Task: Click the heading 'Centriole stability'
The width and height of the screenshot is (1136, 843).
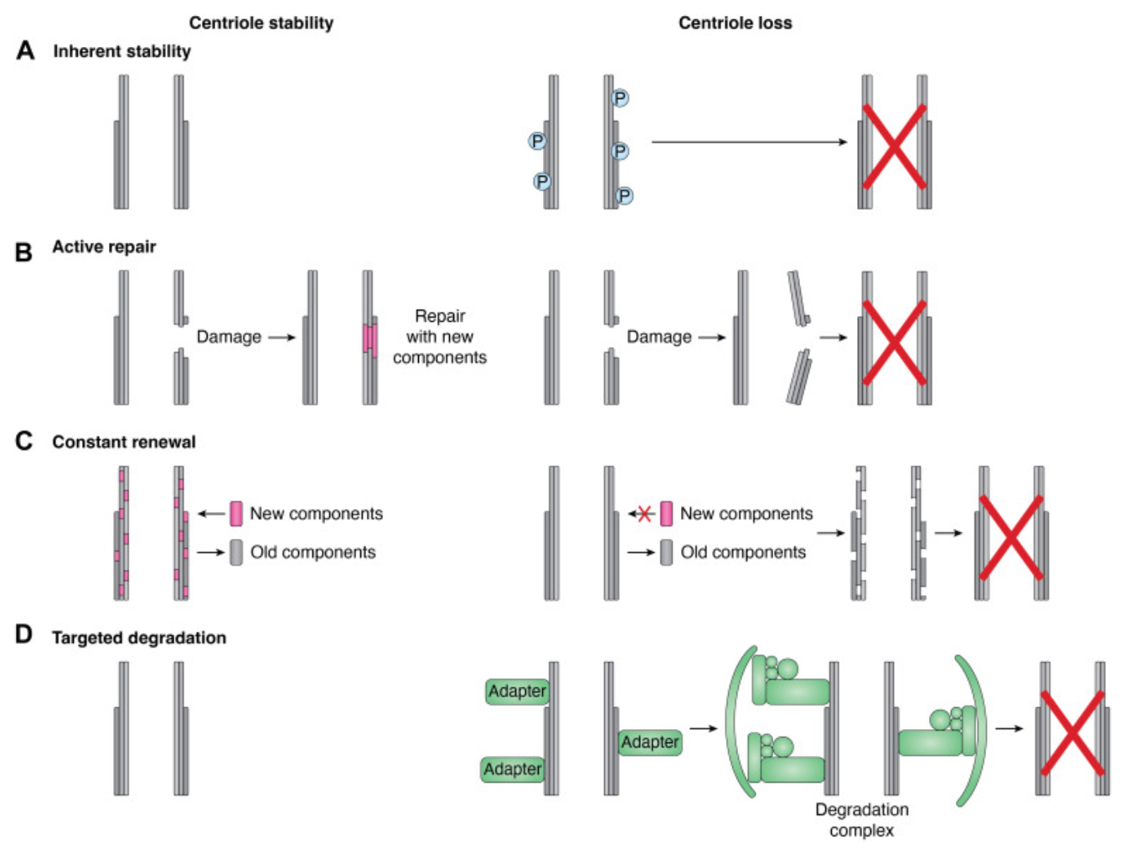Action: pyautogui.click(x=261, y=23)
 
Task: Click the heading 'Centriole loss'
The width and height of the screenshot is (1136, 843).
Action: pyautogui.click(x=735, y=23)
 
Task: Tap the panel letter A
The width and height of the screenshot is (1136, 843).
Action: pyautogui.click(x=25, y=51)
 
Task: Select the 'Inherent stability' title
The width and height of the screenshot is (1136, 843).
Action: pyautogui.click(x=121, y=51)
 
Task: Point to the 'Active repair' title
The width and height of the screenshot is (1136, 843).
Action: pyautogui.click(x=104, y=246)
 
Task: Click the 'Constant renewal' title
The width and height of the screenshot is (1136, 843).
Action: pyautogui.click(x=123, y=442)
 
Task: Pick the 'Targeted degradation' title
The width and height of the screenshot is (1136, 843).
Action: pyautogui.click(x=138, y=638)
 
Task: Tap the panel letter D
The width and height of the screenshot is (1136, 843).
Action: pyautogui.click(x=23, y=635)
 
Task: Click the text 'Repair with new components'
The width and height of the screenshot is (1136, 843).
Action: pyautogui.click(x=439, y=337)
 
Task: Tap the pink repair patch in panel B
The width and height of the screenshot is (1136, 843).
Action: pyautogui.click(x=369, y=339)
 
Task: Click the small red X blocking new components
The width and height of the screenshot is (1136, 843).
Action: pyautogui.click(x=644, y=514)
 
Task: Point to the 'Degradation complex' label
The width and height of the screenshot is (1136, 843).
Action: pyautogui.click(x=861, y=820)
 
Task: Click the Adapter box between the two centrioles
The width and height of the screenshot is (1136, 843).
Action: pyautogui.click(x=650, y=742)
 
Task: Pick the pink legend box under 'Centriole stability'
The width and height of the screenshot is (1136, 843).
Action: pyautogui.click(x=236, y=514)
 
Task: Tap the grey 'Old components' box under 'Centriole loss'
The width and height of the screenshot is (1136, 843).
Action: pyautogui.click(x=666, y=552)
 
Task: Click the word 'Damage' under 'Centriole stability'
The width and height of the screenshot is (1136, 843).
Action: pyautogui.click(x=229, y=337)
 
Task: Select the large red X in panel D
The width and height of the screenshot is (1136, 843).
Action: pyautogui.click(x=1071, y=732)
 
